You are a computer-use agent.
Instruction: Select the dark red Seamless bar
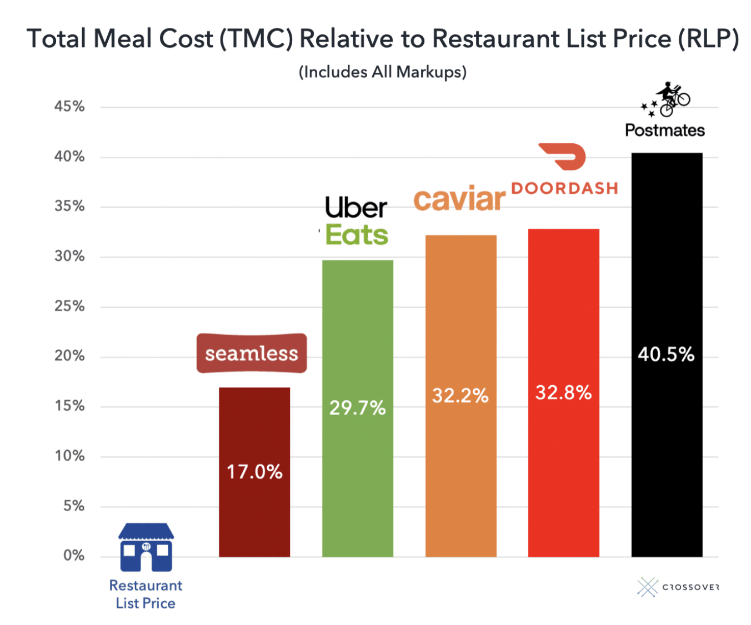[254, 516]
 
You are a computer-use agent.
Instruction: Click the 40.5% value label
[666, 354]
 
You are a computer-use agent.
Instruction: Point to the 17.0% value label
[254, 472]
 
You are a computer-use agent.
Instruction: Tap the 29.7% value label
[357, 408]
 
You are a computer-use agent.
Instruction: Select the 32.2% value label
[460, 396]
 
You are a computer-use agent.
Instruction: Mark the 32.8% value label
[563, 393]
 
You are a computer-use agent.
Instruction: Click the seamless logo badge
[252, 354]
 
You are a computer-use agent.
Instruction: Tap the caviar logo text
[459, 199]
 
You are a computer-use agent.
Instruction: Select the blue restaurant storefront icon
[146, 547]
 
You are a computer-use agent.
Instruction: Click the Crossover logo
[678, 587]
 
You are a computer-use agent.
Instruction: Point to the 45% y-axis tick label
[69, 107]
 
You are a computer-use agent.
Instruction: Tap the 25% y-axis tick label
[69, 306]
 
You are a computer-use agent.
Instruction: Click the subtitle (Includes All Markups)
[382, 72]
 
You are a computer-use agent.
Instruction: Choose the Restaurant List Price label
[146, 594]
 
